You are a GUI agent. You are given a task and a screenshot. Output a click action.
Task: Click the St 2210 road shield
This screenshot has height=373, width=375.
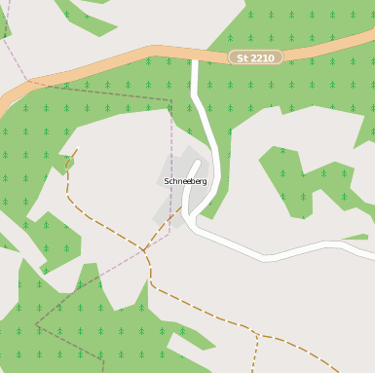255,57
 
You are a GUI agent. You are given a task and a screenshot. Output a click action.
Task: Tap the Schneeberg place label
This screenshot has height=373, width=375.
185,181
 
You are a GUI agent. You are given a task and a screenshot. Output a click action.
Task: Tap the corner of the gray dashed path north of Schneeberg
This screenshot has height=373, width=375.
171,100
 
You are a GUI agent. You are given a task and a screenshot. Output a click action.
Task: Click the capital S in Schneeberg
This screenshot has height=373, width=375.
168,181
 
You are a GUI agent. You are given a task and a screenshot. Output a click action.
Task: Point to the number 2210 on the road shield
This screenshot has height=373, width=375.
262,57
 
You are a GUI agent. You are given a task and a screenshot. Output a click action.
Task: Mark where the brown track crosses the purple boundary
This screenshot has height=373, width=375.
145,250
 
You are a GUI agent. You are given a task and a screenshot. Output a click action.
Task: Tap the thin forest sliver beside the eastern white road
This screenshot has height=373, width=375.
356,237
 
